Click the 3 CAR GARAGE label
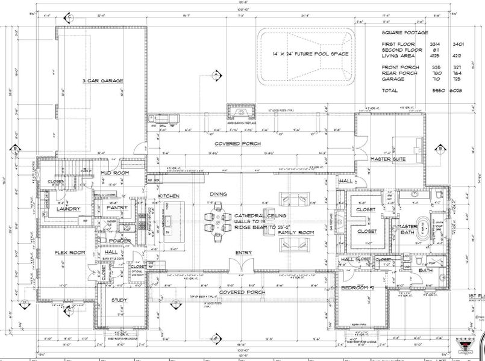click(x=101, y=79)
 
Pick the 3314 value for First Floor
click(x=422, y=45)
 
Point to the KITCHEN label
click(x=169, y=196)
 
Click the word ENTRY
click(x=244, y=252)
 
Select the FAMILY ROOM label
click(x=296, y=232)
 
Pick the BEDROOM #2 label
click(x=358, y=288)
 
